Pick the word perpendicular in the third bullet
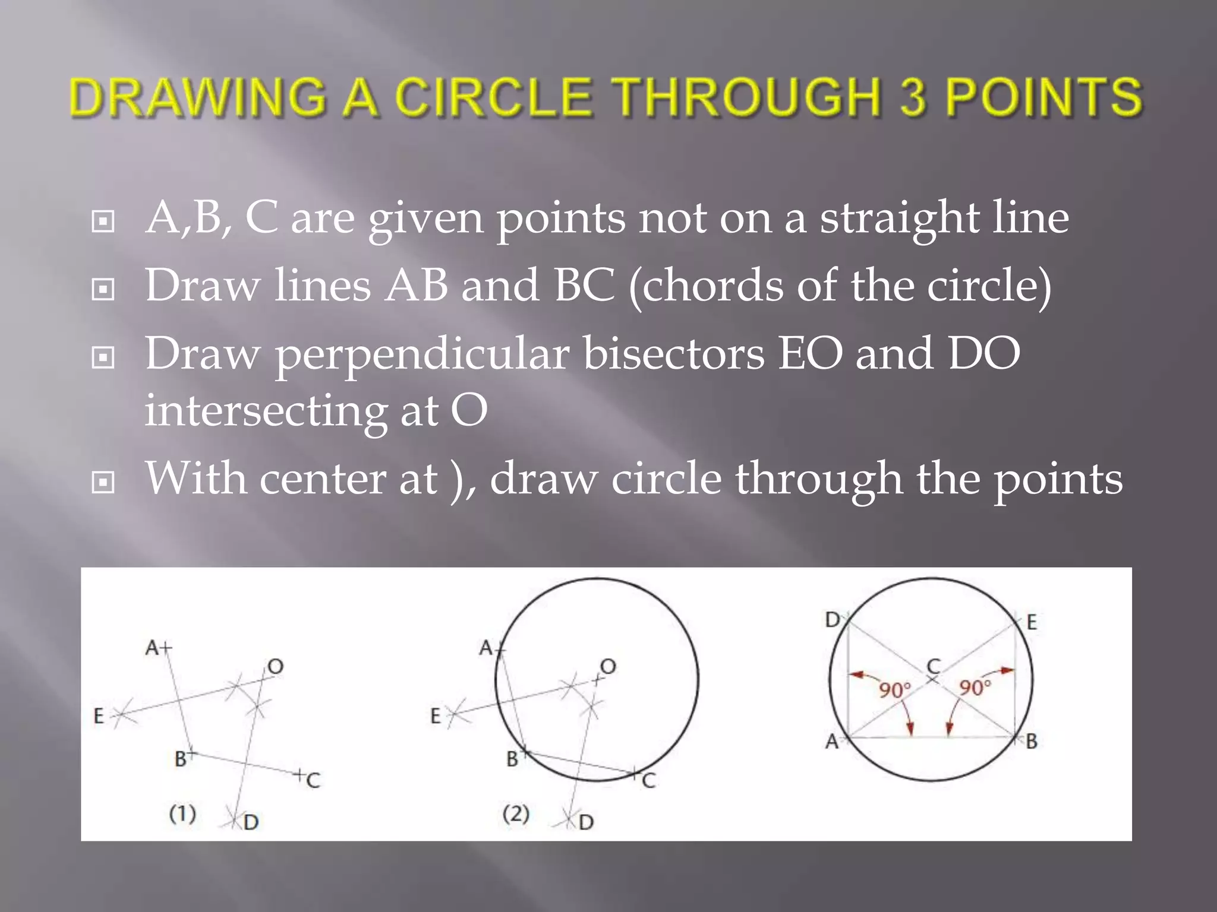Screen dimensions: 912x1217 [x=422, y=354]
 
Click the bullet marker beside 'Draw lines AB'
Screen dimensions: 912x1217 [x=103, y=290]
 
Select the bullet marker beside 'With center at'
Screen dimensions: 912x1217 [x=103, y=483]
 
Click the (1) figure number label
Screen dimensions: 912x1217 [x=182, y=813]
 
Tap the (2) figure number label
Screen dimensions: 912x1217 [x=516, y=813]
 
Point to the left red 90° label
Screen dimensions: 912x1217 [x=895, y=691]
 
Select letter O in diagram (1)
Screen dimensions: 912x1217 [x=275, y=667]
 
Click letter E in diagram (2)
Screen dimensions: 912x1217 [x=435, y=716]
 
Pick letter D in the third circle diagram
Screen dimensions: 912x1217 [x=832, y=620]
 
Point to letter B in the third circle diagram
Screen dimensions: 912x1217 [x=1032, y=741]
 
